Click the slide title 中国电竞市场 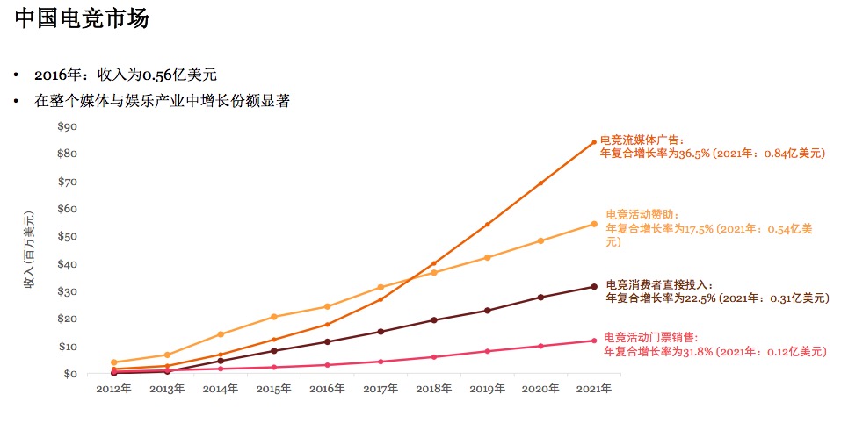82,18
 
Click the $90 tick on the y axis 68,126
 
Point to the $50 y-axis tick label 68,237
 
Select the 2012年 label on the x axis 113,388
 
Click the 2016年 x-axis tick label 327,388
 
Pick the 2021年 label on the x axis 593,388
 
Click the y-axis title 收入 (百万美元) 29,250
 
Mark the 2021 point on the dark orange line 594,142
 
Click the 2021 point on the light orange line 594,224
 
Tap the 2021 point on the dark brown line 594,286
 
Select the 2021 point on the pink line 594,341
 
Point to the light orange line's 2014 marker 221,334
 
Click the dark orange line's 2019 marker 488,225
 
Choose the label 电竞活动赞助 642,215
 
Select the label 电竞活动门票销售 650,338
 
